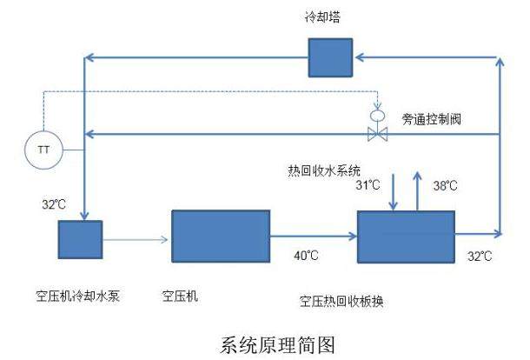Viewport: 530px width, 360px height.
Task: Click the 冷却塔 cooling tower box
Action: [x=331, y=57]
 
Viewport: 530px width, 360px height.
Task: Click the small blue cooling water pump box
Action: [x=80, y=237]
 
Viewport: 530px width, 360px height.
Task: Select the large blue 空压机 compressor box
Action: [x=220, y=235]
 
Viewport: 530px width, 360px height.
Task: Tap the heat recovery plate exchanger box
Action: [x=407, y=236]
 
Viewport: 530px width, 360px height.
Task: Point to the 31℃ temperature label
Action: [x=369, y=184]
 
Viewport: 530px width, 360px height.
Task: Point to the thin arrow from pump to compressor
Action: [x=136, y=237]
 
